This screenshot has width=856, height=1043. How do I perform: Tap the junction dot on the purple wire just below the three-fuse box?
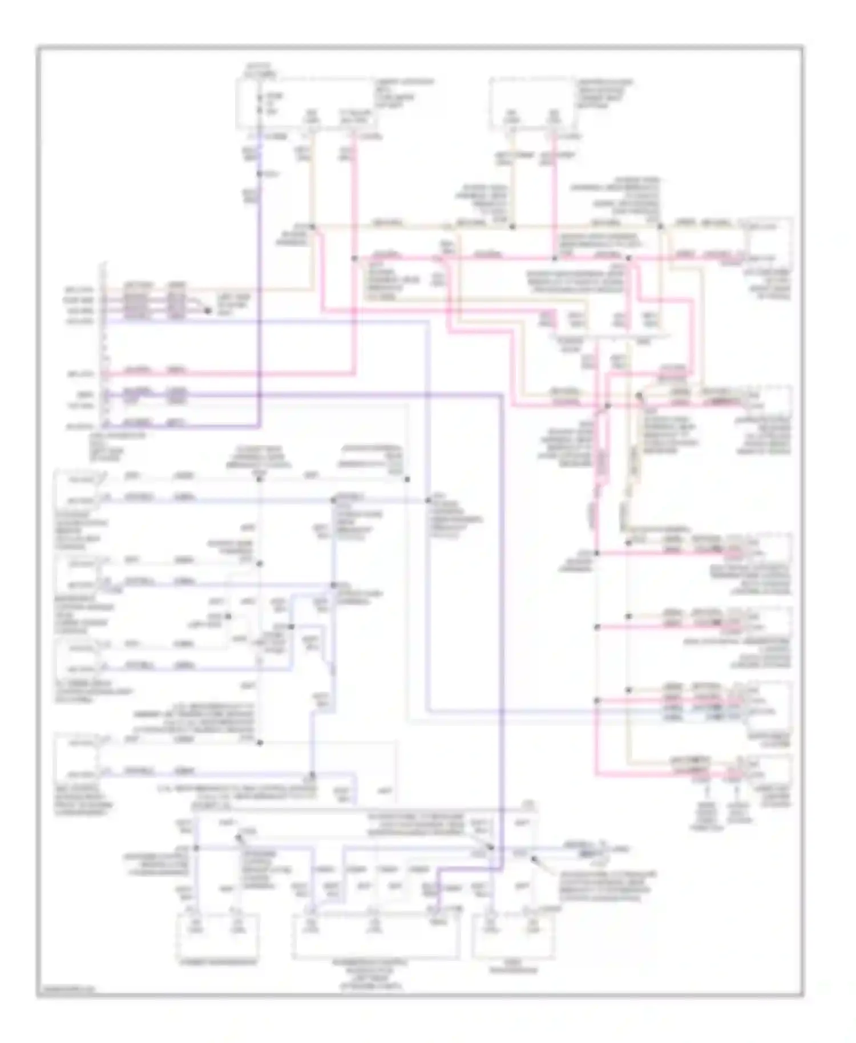260,173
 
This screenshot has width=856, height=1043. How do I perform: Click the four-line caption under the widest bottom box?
371,973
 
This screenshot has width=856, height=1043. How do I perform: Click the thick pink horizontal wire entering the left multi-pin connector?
228,374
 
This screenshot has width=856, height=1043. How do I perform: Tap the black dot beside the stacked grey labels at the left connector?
208,311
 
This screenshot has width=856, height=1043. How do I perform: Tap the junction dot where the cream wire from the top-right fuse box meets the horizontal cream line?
512,227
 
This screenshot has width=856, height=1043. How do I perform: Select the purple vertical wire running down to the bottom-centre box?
502,628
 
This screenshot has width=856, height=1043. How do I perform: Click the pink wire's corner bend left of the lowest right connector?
596,774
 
